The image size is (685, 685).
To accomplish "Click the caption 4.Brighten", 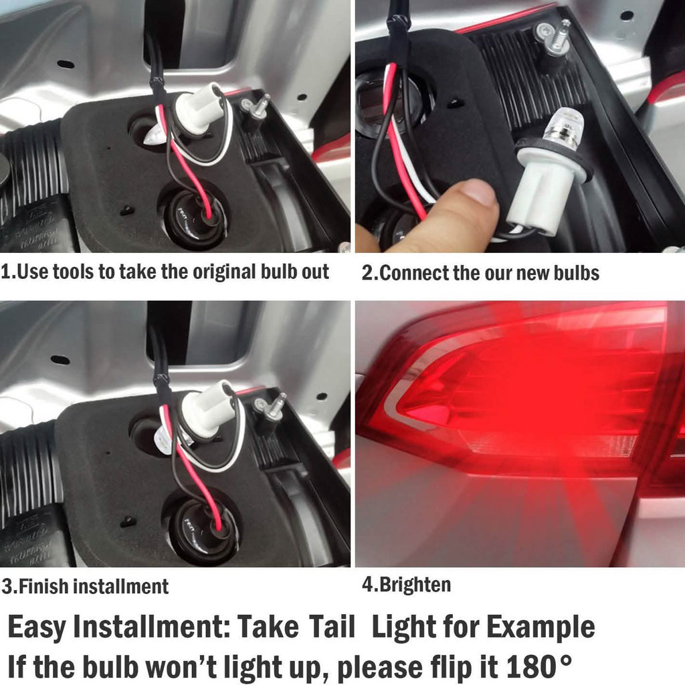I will [x=406, y=584].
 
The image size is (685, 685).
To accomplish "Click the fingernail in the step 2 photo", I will [x=478, y=191].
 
